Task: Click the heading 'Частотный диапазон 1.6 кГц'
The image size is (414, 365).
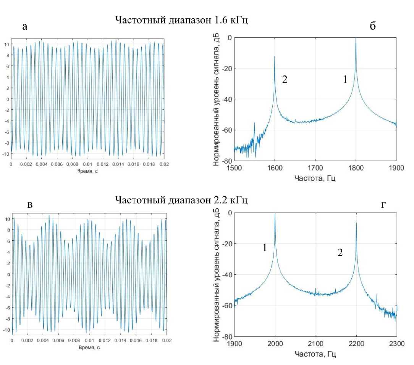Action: pos(181,21)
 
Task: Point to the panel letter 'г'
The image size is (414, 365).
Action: pos(384,205)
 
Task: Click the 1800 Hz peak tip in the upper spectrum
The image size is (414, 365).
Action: pos(356,38)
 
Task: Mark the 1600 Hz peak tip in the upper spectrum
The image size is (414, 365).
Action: pos(275,57)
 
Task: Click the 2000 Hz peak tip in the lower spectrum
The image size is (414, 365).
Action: pos(275,214)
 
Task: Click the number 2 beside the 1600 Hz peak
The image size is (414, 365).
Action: pos(285,79)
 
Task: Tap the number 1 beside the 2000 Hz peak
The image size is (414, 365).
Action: pos(264,248)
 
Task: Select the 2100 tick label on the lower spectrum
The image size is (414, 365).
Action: pos(315,343)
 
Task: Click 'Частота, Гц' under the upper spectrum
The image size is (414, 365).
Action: pos(315,178)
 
